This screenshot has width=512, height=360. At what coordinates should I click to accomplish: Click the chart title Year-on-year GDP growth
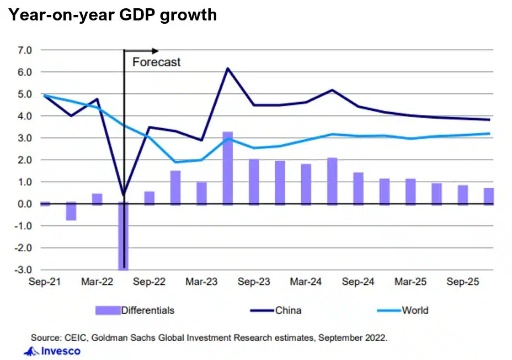[112, 15]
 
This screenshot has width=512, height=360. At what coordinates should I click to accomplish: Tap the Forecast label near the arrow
[156, 62]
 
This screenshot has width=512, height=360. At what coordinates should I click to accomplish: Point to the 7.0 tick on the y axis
[24, 50]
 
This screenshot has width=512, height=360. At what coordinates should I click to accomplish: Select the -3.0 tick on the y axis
[23, 270]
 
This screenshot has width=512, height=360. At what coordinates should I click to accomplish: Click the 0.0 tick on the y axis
[24, 204]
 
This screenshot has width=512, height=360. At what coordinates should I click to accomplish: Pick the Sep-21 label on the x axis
[45, 282]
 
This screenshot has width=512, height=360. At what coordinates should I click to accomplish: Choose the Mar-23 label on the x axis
[201, 282]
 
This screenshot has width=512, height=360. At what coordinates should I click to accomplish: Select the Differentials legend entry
[147, 310]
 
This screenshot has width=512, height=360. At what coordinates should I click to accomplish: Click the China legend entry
[288, 310]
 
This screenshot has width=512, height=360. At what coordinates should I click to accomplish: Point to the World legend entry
[415, 310]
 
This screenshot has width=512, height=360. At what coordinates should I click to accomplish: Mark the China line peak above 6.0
[228, 68]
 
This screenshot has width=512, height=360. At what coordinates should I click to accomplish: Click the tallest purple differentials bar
[228, 168]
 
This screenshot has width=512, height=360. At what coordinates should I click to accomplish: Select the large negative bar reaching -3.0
[123, 237]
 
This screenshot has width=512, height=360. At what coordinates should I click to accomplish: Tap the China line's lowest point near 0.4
[124, 194]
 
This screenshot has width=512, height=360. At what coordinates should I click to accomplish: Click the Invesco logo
[54, 351]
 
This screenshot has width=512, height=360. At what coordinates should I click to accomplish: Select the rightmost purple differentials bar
[489, 196]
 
